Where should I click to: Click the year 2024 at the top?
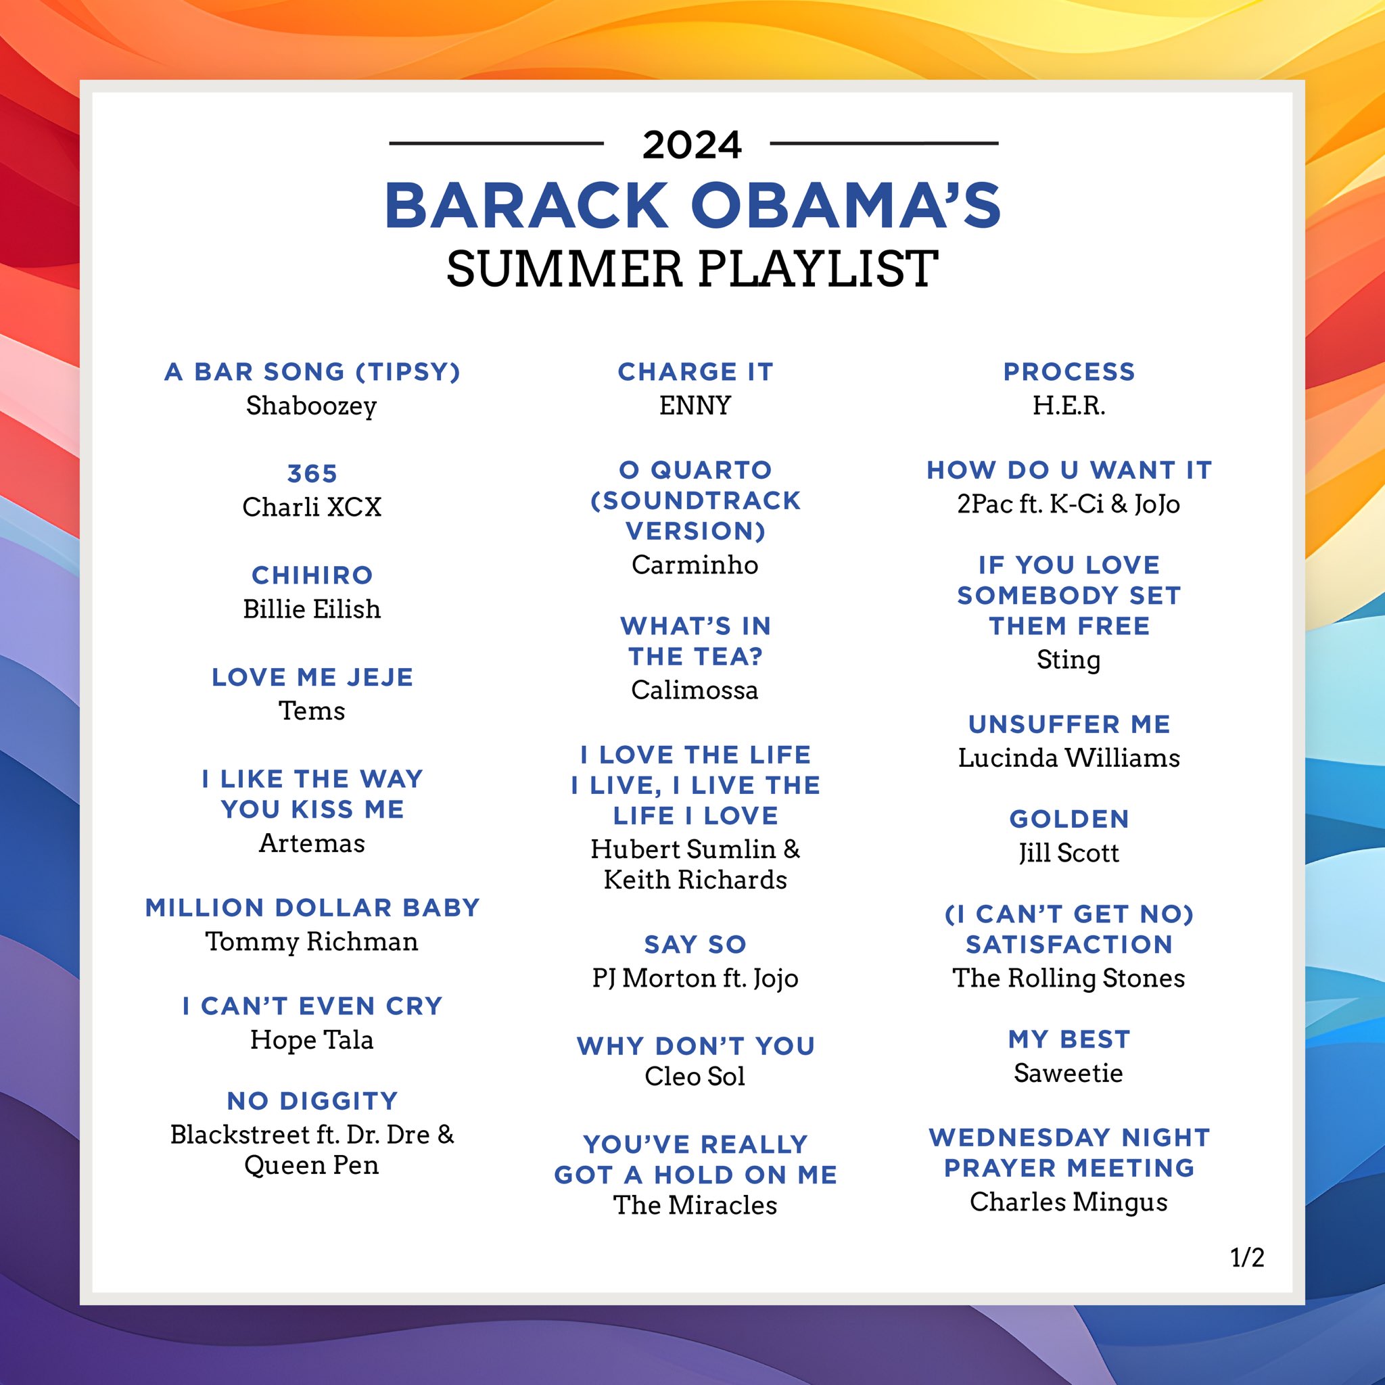[692, 145]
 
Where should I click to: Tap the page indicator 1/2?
[1246, 1257]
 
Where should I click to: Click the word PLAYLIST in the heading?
[818, 269]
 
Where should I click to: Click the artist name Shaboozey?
[311, 406]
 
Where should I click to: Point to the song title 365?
[312, 473]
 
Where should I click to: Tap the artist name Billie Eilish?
[311, 609]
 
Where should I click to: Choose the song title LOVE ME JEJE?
[312, 677]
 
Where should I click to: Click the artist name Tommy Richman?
[311, 941]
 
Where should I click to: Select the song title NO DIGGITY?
[312, 1100]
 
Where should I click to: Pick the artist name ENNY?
[695, 406]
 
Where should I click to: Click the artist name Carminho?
[695, 565]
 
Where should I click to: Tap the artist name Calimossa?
[695, 690]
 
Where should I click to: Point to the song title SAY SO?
[695, 944]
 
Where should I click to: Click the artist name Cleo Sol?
[695, 1076]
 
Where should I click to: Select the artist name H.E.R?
[1068, 406]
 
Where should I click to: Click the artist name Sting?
[1068, 659]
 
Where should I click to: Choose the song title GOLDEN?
[1068, 819]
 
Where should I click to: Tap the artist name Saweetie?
[1068, 1073]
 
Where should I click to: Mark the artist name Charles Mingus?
[1068, 1202]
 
